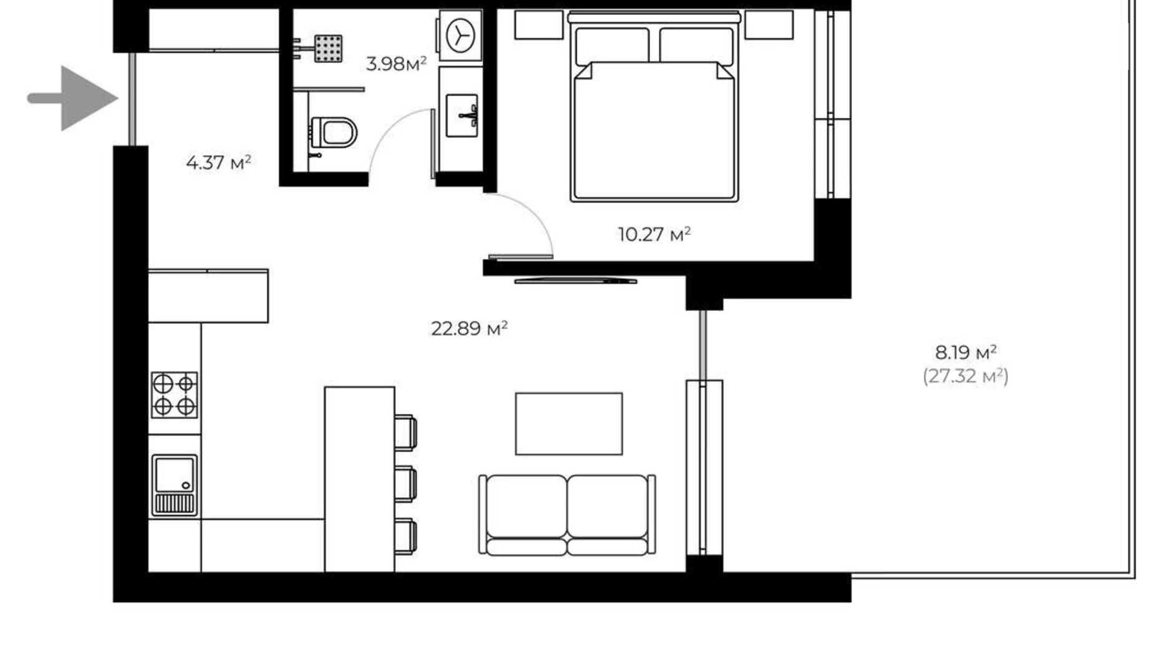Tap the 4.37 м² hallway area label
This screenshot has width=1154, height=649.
218,163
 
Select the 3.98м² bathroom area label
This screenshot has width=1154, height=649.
396,64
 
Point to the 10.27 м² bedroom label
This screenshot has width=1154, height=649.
654,235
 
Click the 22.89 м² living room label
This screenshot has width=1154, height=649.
469,328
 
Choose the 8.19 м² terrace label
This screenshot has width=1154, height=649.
965,353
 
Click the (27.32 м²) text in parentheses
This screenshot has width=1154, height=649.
965,376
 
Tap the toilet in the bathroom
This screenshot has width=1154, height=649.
334,133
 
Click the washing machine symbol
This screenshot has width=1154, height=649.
461,35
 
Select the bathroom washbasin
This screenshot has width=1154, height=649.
462,115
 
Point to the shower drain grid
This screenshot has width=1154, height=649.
327,49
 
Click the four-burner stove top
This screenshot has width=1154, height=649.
175,395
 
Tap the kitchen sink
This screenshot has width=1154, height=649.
175,484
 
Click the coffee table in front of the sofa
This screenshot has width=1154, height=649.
568,424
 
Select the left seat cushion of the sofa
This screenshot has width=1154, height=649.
526,507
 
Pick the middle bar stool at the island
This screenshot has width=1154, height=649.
405,484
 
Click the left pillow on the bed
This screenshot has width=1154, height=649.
612,45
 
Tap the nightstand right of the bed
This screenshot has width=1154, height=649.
769,26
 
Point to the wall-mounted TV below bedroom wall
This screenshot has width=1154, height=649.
575,281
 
